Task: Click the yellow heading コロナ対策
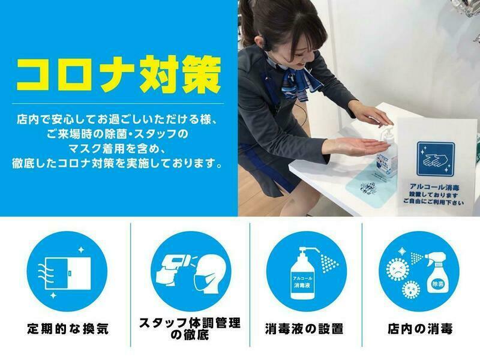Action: [x=119, y=74]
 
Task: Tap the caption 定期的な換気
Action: [x=68, y=329]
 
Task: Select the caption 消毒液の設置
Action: [x=304, y=329]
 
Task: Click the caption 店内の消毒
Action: [x=419, y=329]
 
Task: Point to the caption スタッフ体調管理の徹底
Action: [x=190, y=329]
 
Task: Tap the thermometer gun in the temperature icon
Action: [x=174, y=268]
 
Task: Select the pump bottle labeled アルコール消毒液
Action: [x=302, y=274]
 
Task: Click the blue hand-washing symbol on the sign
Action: [x=435, y=158]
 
